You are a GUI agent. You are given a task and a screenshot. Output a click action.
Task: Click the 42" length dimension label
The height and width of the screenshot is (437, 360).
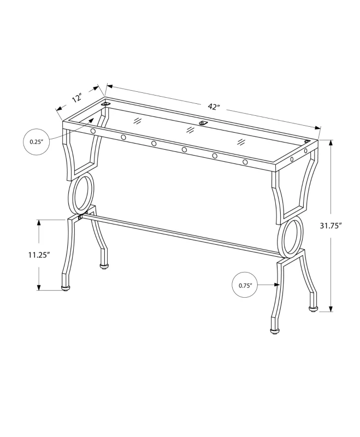click(214, 107)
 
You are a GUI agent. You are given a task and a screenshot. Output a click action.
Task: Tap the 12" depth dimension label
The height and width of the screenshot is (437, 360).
click(76, 99)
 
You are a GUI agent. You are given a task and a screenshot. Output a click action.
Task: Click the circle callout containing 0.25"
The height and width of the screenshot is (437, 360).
click(37, 141)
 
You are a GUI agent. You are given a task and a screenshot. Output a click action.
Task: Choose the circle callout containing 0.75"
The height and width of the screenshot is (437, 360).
click(244, 285)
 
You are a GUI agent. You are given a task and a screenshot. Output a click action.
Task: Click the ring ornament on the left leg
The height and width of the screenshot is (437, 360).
click(81, 194)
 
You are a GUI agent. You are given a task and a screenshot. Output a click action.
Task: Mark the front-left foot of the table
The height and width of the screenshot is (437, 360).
click(66, 287)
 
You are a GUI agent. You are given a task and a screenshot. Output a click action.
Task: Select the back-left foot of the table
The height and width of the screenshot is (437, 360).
click(104, 267)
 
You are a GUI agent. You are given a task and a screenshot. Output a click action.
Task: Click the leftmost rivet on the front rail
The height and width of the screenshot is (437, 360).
click(93, 132)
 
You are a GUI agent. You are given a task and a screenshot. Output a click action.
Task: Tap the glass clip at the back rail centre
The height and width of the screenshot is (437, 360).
click(203, 123)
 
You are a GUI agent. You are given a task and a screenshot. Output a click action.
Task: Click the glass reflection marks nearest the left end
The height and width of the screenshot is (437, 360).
click(138, 119)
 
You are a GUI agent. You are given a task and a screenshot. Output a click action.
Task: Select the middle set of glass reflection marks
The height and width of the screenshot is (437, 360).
click(190, 130)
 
